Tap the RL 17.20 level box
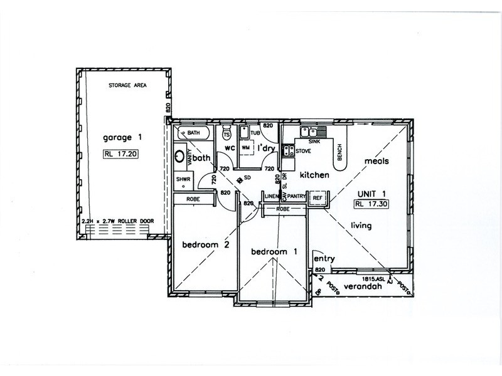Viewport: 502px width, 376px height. point(122,152)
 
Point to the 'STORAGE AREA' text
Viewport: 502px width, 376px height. point(127,85)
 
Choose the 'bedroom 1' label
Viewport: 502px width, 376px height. point(274,252)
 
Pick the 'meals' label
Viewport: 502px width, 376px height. point(376,161)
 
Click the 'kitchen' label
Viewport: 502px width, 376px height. point(314,175)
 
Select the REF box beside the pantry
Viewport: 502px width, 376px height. point(318,198)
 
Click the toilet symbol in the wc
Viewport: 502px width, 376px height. point(227,134)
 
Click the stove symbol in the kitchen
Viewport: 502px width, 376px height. point(289,150)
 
